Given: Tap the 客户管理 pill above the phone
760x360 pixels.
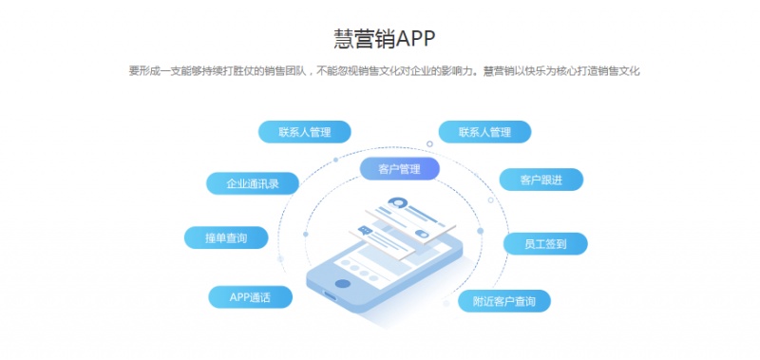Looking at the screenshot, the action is pos(399,169).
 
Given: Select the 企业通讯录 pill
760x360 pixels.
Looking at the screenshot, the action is pos(252,183).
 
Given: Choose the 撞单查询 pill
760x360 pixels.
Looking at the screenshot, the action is pos(226,238).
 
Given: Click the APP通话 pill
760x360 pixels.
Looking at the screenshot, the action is pos(250,297).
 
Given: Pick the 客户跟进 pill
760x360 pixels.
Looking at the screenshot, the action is pos(541,179).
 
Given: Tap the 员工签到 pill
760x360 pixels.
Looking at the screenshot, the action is pos(545,244).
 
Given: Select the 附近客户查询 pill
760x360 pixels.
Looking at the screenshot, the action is pos(503,301).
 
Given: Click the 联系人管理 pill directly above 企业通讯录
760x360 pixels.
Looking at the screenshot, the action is pos(305,132).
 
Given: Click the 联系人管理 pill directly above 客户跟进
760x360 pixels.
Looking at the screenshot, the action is pos(484,132).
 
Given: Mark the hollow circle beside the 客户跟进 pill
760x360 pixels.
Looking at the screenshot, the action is pos(490,199).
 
